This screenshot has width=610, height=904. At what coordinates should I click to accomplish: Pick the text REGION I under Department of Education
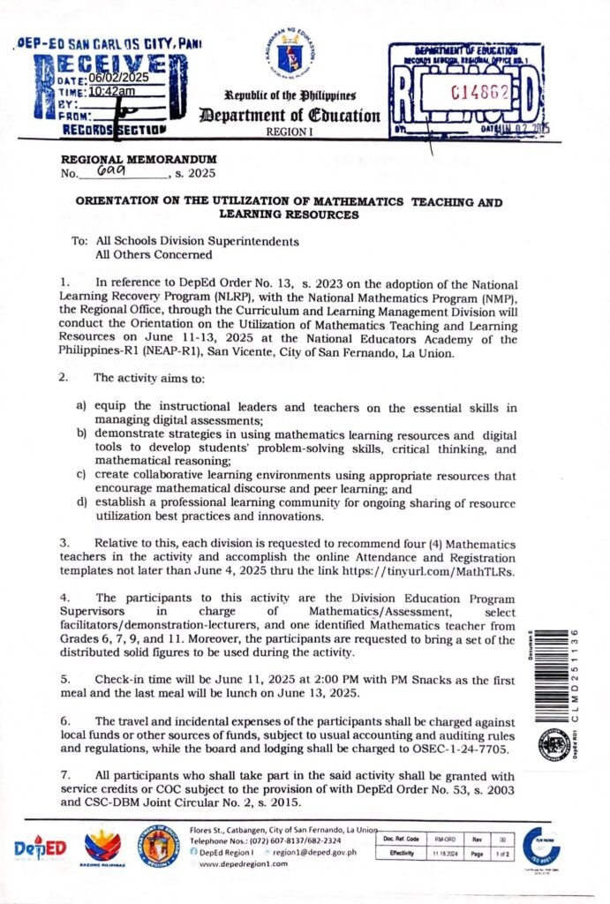300,131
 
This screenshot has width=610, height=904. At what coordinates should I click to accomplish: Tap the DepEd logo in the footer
40,848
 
